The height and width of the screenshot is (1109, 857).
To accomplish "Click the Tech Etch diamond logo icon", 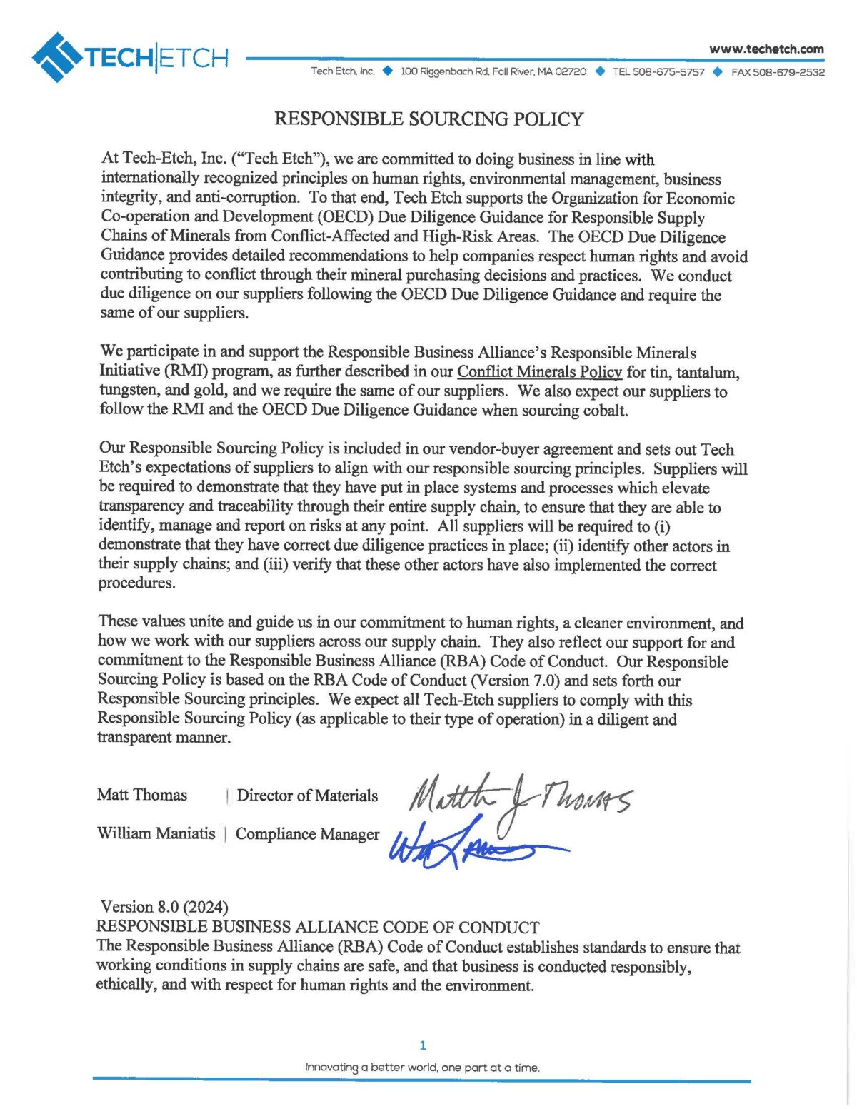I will tap(56, 57).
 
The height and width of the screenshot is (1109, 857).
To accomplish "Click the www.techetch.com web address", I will tap(766, 49).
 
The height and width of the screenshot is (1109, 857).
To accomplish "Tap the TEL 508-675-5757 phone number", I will tap(658, 72).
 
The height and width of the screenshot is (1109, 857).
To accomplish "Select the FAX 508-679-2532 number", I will tap(778, 72).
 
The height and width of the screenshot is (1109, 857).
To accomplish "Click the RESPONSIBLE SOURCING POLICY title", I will tap(428, 119).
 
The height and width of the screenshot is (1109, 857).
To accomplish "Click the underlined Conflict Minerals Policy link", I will tap(539, 372).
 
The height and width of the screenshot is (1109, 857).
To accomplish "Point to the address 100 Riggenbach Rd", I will tap(493, 72).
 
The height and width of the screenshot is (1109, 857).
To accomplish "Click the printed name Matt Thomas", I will tap(142, 795).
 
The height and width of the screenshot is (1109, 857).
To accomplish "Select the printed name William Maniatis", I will tap(156, 833).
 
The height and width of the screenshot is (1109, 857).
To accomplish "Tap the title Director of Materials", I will tap(307, 796).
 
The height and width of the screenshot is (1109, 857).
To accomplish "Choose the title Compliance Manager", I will tap(307, 834).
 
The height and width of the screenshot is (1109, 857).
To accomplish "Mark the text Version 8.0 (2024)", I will tap(164, 907).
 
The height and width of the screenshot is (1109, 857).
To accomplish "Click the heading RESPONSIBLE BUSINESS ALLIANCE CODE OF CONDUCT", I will tap(318, 927).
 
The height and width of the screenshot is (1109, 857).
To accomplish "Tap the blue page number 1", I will tap(423, 1045).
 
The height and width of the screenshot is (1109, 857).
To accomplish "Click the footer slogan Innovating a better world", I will tap(422, 1068).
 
